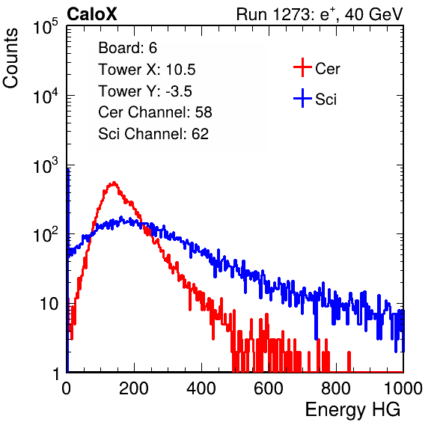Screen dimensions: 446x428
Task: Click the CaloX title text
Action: pyautogui.click(x=91, y=14)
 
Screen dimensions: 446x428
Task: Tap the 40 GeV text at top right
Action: pyautogui.click(x=373, y=14)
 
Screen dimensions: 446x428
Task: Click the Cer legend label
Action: pyautogui.click(x=327, y=69)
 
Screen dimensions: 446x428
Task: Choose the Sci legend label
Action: pyautogui.click(x=326, y=100)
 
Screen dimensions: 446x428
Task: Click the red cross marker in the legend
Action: pyautogui.click(x=302, y=67)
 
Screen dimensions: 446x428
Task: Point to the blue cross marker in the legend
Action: pyautogui.click(x=302, y=98)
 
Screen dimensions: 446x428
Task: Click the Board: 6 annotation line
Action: pyautogui.click(x=127, y=48)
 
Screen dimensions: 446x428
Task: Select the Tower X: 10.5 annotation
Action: pyautogui.click(x=147, y=70)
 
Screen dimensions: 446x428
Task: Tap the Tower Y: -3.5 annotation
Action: pyautogui.click(x=145, y=91)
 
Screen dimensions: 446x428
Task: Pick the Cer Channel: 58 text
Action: pyautogui.click(x=155, y=112)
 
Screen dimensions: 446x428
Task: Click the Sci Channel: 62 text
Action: pyautogui.click(x=153, y=134)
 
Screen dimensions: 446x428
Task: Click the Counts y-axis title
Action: pyautogui.click(x=10, y=58)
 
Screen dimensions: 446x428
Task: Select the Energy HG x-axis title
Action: pyautogui.click(x=352, y=410)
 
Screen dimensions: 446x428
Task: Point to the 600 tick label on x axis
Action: pyautogui.click(x=269, y=388)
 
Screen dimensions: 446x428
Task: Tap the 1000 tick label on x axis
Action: pyautogui.click(x=403, y=388)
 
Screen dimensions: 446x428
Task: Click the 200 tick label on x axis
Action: pyautogui.click(x=134, y=388)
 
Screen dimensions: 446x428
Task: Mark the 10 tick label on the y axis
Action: pyautogui.click(x=49, y=304)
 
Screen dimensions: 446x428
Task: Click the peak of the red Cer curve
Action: pyautogui.click(x=114, y=183)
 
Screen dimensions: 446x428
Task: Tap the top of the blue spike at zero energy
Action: pyautogui.click(x=68, y=168)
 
